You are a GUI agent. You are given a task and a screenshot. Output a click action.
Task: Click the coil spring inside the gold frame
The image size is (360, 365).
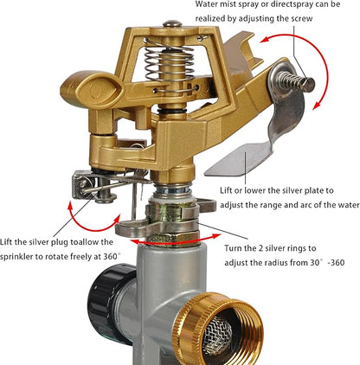pos(170,65)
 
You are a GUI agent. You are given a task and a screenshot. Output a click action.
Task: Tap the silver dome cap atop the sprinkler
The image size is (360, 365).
pos(172,23)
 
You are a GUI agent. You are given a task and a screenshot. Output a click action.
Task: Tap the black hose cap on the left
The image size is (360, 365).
pos(110,303)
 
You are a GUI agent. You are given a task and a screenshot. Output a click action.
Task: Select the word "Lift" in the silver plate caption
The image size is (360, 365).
pos(226,190)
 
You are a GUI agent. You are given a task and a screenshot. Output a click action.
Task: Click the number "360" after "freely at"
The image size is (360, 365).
pos(110,256)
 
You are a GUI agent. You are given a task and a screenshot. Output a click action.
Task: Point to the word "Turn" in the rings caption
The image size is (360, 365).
pos(233,248)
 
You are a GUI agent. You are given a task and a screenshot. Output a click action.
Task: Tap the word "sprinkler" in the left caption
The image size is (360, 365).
pos(16,256)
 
